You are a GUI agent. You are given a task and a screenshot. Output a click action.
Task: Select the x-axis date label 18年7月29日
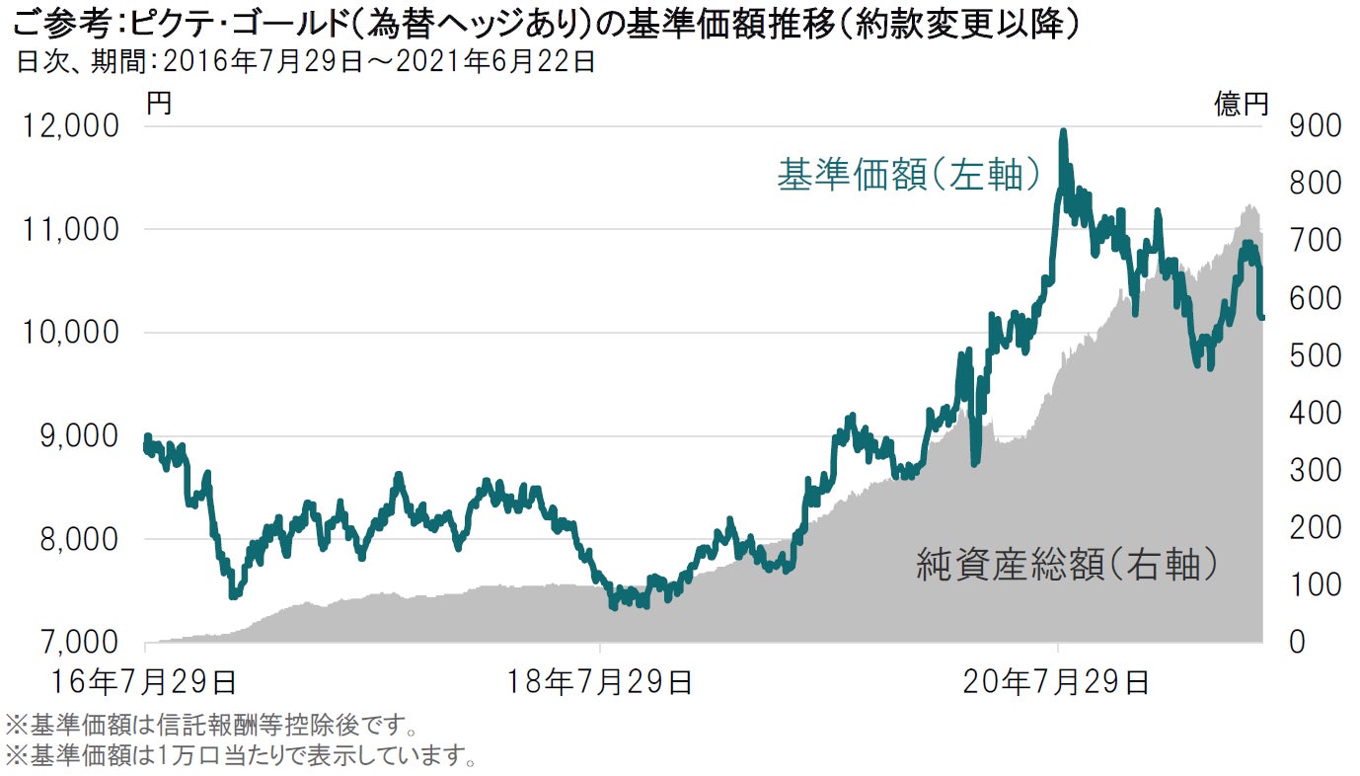(x=601, y=681)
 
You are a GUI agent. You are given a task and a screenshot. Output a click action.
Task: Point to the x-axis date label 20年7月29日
(x=1058, y=681)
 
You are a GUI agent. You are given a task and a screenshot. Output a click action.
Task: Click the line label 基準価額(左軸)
(x=909, y=175)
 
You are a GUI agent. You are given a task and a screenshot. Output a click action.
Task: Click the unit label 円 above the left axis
(x=158, y=103)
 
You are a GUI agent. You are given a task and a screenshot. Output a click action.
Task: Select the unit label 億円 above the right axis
(x=1241, y=104)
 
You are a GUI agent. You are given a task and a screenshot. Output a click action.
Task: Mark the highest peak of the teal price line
(x=1062, y=131)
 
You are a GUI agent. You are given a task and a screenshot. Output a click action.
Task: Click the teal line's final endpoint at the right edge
(x=1261, y=317)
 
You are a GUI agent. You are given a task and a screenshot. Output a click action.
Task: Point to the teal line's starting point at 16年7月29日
(x=146, y=437)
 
